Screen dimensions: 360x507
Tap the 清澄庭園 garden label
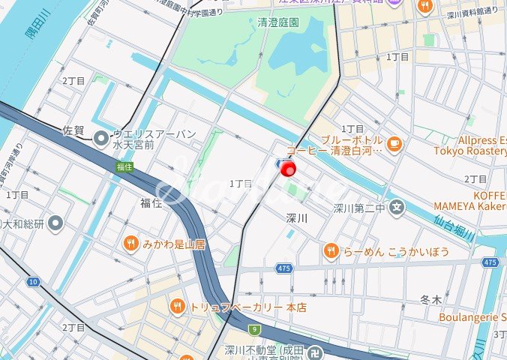[x=277, y=22]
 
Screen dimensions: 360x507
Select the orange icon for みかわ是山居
[x=130, y=242]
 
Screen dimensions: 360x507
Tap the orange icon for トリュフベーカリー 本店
[x=178, y=306]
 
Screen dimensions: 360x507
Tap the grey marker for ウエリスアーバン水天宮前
[x=100, y=137]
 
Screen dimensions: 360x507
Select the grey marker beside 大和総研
[x=57, y=223]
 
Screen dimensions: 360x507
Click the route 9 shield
[x=254, y=328]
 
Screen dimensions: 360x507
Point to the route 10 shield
[x=33, y=281]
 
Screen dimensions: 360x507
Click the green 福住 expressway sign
[x=124, y=167]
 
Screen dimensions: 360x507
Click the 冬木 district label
[x=431, y=299]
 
